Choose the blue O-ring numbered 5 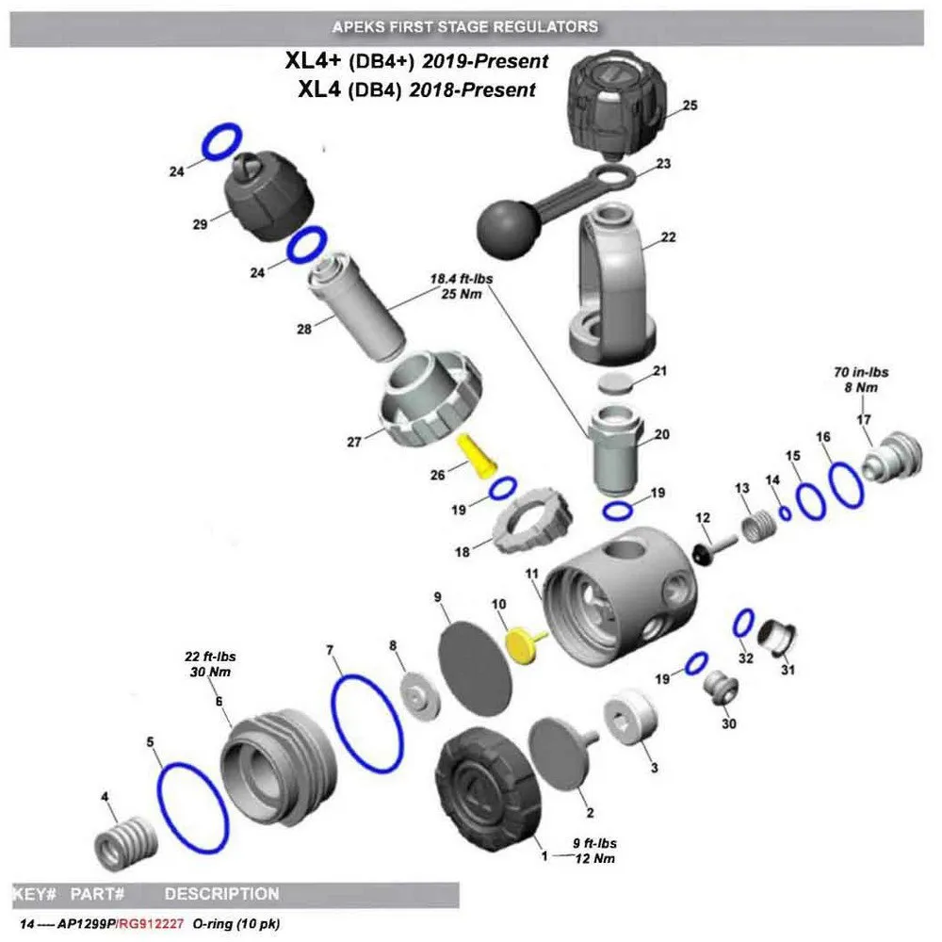click(x=192, y=805)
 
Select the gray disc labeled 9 click(x=478, y=658)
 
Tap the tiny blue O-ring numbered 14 click(x=785, y=512)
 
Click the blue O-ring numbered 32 click(x=743, y=622)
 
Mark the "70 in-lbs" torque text click(x=859, y=372)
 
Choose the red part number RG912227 click(x=151, y=924)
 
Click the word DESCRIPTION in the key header click(x=221, y=894)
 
